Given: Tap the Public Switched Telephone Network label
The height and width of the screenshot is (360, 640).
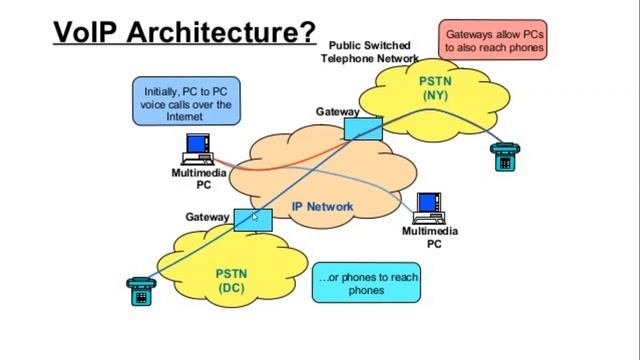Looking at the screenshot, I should coord(369,52).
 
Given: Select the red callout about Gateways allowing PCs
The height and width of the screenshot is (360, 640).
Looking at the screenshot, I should coord(495,40).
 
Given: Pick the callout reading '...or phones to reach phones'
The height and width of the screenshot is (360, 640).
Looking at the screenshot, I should coord(366,284).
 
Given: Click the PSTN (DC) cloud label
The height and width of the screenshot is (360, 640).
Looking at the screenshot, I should coord(231,280).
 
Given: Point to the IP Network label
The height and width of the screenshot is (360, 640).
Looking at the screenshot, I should coord(322,207).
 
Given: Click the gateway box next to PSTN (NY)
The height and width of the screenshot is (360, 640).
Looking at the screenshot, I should coord(363,128).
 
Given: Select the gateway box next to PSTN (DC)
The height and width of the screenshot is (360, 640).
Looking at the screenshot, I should coord(252,219).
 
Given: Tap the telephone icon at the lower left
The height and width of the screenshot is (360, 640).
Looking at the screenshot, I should coord(140,291).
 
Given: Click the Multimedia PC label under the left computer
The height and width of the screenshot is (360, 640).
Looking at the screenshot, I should coord(198,178).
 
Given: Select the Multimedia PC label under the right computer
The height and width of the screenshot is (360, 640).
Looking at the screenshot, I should coord(430,237).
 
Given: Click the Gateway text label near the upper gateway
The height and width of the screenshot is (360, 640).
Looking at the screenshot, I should coord(337,112).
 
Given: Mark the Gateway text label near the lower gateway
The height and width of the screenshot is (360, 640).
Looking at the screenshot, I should coord(207,217).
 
